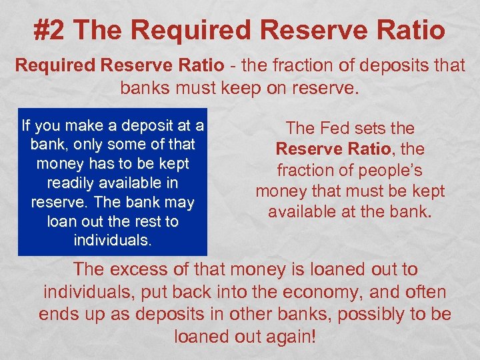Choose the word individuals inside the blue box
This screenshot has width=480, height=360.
tap(111, 239)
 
